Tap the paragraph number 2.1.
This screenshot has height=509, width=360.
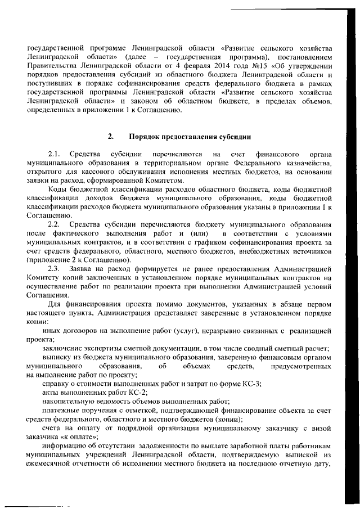click(54, 154)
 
